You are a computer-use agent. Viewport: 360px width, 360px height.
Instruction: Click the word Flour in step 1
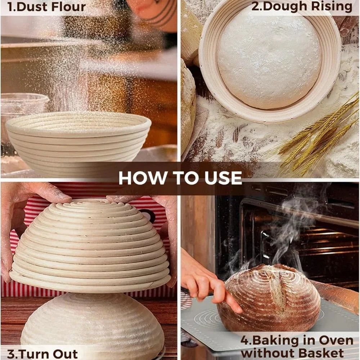point(68,6)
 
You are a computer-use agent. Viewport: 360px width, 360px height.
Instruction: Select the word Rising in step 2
point(332,6)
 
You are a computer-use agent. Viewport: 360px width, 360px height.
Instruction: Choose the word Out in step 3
point(68,354)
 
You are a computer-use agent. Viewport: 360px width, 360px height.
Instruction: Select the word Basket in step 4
point(321,354)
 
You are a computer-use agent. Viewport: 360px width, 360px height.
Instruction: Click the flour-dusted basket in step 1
point(78,144)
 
